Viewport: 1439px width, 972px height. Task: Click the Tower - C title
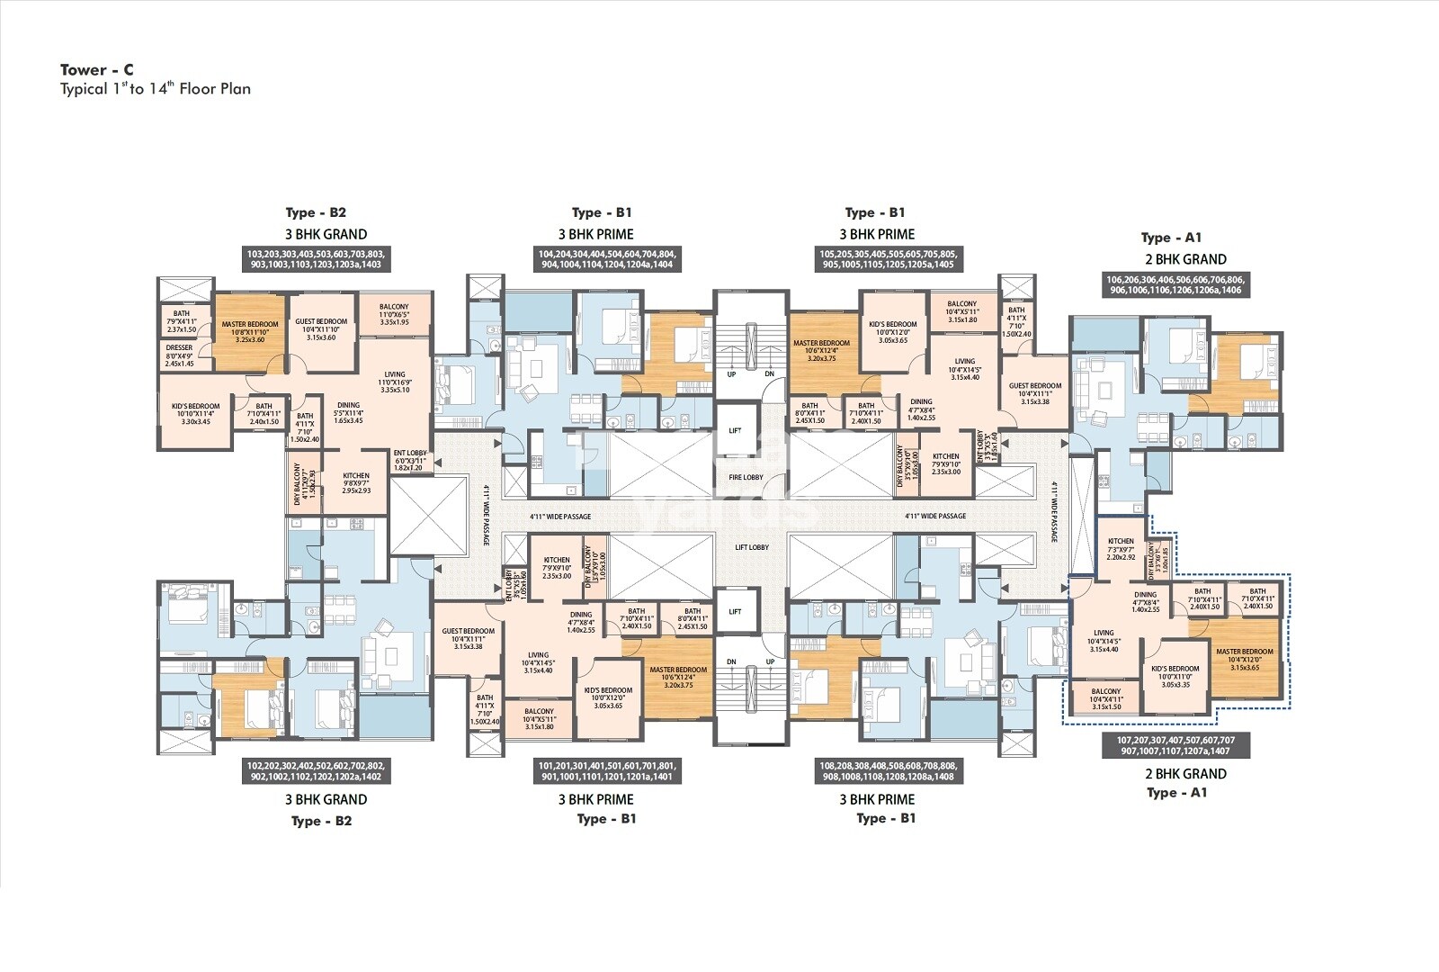(x=97, y=69)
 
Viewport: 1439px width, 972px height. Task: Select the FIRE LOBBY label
(x=746, y=477)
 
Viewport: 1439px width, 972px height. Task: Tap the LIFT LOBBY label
(x=752, y=547)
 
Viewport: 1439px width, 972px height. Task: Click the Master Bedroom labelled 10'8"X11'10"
(x=249, y=331)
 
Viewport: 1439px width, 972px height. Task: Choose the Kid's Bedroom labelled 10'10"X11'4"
(x=195, y=413)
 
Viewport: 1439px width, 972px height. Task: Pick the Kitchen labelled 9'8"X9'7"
(x=356, y=483)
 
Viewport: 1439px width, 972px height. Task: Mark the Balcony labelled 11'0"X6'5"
(x=394, y=314)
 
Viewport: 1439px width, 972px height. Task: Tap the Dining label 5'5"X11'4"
(x=349, y=412)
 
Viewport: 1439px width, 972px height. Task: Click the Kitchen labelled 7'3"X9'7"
(x=1121, y=549)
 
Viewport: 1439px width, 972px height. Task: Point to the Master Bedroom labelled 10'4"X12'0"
(x=1244, y=659)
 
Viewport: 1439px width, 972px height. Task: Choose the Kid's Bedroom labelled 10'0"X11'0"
(x=1175, y=676)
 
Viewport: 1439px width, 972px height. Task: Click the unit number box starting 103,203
(x=314, y=259)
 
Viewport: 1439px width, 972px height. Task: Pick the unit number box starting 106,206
(x=1175, y=284)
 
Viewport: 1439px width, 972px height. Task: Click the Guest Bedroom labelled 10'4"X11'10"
(x=321, y=328)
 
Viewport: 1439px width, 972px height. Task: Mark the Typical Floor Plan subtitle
(x=156, y=89)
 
